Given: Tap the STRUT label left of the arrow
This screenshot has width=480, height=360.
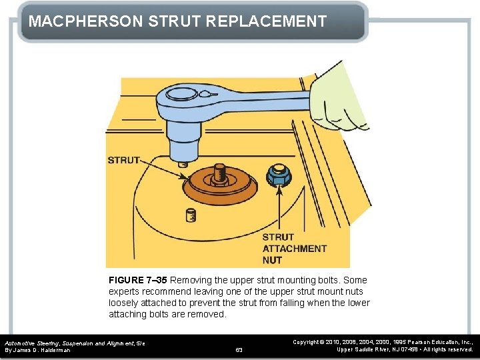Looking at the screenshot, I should [x=124, y=160].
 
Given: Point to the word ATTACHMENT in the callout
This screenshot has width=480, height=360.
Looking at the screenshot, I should [x=294, y=249].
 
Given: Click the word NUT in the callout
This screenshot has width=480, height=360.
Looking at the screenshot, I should [x=272, y=260].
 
